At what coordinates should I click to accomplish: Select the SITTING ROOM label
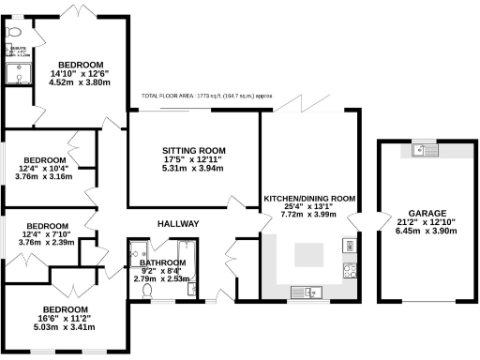(194, 150)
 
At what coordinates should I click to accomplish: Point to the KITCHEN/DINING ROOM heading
(308, 199)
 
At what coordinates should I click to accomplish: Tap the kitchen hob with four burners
(349, 271)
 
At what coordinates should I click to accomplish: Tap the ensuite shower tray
(19, 74)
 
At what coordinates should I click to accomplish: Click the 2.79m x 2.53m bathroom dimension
(163, 279)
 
